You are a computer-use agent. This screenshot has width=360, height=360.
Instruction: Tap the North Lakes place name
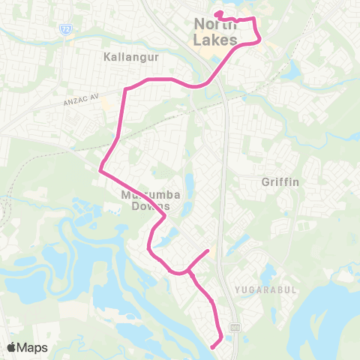[x=216, y=31]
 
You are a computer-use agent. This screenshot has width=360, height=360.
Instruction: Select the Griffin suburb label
[x=280, y=181]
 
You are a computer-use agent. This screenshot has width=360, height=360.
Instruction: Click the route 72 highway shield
[x=66, y=28]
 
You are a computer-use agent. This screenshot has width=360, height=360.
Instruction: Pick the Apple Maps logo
[x=28, y=347]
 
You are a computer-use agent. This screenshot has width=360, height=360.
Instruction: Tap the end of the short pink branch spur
[x=208, y=249]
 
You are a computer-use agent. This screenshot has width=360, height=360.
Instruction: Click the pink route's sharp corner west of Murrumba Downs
[x=100, y=170]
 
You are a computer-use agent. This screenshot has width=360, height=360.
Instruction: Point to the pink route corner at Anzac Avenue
[x=125, y=88]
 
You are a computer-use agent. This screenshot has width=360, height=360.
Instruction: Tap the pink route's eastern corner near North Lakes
[x=261, y=40]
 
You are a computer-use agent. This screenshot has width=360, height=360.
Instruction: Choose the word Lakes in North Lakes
[x=216, y=40]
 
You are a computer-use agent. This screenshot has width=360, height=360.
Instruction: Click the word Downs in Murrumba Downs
[x=145, y=206]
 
